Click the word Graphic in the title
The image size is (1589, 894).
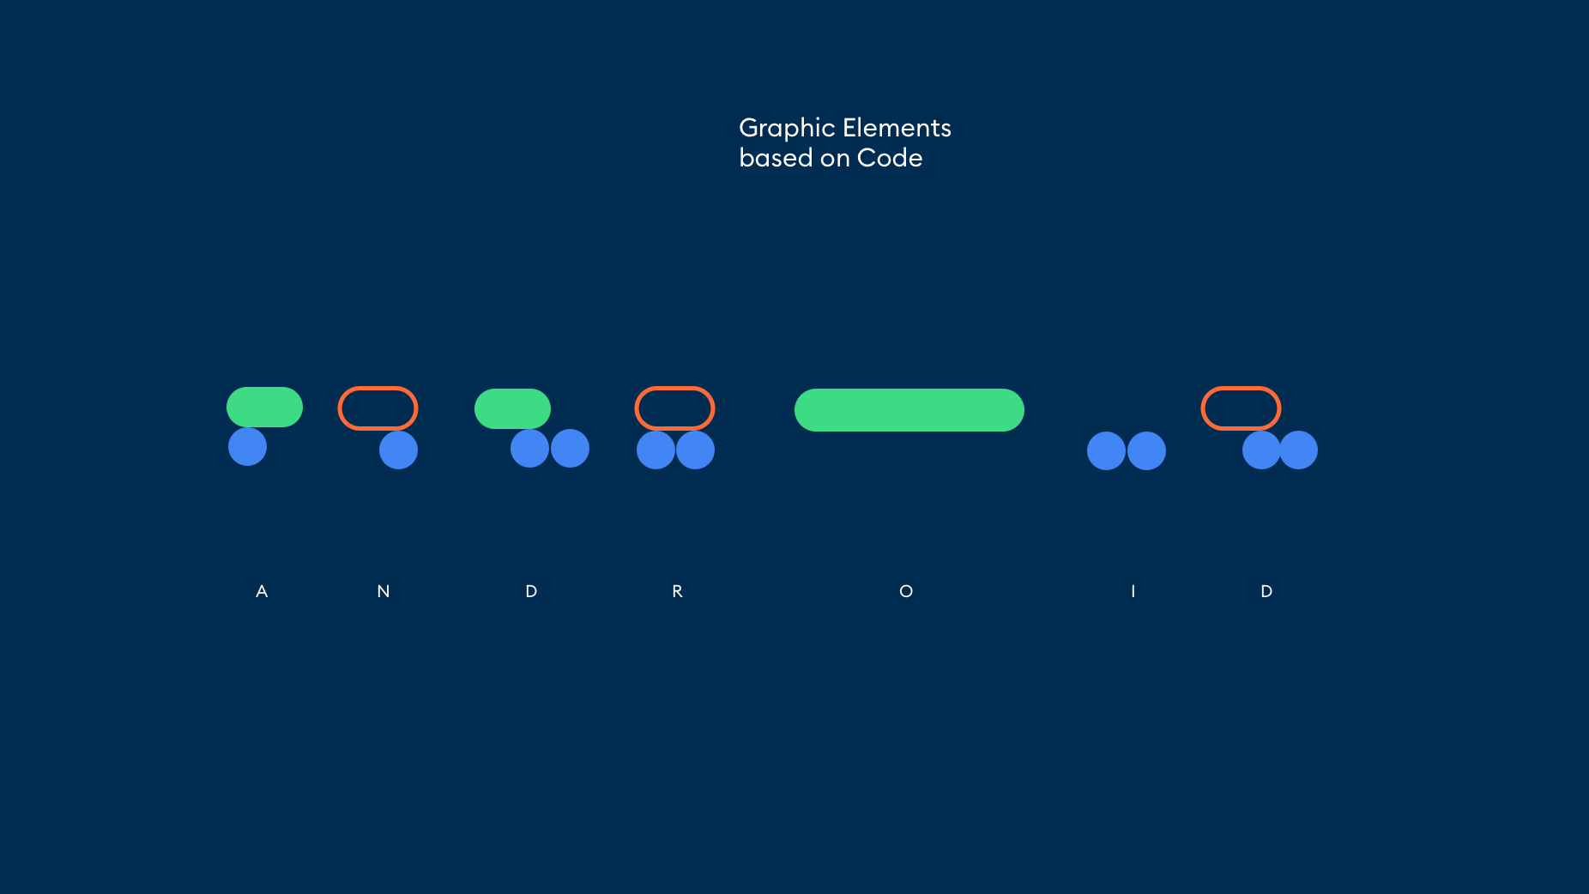coord(787,129)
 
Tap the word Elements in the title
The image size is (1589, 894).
coord(897,128)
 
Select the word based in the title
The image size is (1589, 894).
coord(776,158)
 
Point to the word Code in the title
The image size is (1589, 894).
coord(890,158)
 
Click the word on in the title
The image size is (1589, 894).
coord(835,160)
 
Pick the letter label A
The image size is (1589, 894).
coord(262,591)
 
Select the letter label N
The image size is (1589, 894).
coord(384,591)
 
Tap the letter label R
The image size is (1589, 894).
coord(677,591)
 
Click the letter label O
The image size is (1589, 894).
coord(906,591)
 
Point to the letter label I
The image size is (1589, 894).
coord(1133,591)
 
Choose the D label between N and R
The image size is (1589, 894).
coord(531,591)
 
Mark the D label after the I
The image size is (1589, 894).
coord(1266,591)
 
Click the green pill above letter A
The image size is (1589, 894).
coord(264,407)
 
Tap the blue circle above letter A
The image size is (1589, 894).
coord(247,447)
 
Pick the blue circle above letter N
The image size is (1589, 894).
coord(398,450)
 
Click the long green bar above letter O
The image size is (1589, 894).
coord(909,410)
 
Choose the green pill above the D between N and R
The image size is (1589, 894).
coord(512,408)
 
